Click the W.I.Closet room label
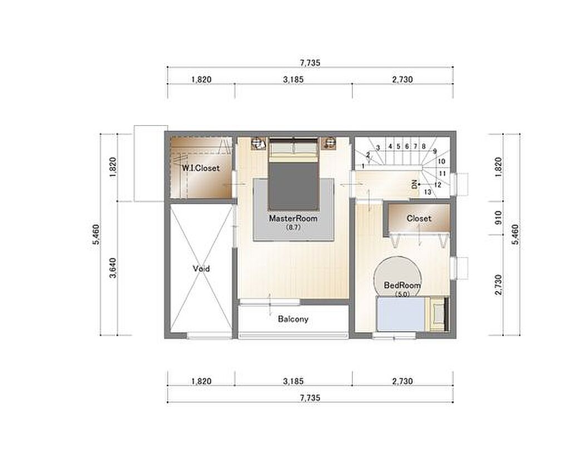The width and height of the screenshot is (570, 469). tap(200, 168)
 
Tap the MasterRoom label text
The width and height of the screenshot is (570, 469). tap(293, 219)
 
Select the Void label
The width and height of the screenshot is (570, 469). tap(201, 269)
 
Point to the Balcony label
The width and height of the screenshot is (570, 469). tap(293, 319)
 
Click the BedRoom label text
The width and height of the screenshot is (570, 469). tap(402, 285)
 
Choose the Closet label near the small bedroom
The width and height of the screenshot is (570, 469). tap(419, 218)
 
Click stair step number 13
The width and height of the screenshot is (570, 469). tap(427, 192)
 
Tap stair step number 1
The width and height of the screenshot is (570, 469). tap(363, 166)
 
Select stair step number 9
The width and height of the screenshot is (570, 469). tap(435, 151)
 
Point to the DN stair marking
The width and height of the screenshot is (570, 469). tap(414, 185)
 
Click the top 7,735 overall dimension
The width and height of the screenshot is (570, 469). tap(310, 63)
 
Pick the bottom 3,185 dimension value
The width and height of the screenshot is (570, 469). tap(293, 382)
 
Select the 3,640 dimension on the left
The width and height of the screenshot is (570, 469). tap(113, 268)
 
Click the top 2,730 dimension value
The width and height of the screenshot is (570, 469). tap(402, 80)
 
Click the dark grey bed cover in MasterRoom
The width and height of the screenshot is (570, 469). tap(293, 186)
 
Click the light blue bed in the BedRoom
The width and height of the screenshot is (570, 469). tap(401, 314)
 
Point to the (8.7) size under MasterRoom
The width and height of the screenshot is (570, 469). tap(293, 228)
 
